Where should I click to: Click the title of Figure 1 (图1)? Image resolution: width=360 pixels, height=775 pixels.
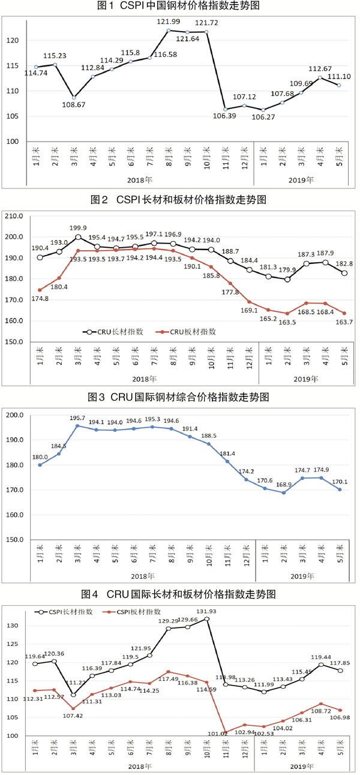pos(181,7)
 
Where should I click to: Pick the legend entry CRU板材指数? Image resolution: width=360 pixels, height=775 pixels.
pos(190,331)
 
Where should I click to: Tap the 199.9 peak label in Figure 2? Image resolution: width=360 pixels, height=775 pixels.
pos(79,228)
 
